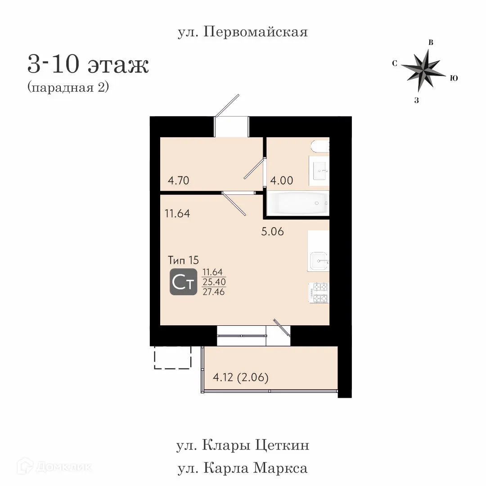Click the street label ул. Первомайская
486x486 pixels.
point(243,32)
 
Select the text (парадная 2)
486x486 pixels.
point(68,87)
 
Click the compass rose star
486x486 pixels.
point(422,69)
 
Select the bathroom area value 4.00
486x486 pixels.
point(281,181)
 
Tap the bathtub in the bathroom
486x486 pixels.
point(297,203)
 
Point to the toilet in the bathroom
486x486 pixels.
point(320,146)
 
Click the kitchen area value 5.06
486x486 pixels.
point(273,232)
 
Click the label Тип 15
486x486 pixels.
point(183,260)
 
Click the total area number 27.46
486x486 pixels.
point(214,292)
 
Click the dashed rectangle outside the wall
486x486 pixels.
point(172,357)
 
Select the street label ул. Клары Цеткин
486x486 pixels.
point(243,445)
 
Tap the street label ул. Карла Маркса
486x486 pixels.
point(243,468)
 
